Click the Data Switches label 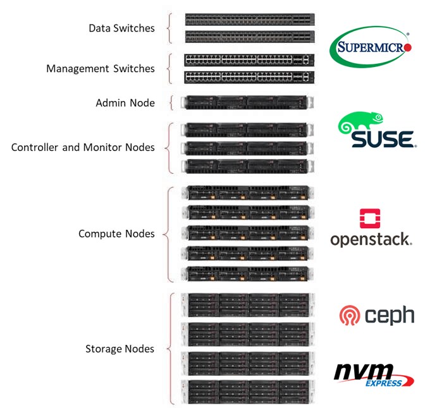click(121, 28)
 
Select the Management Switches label click(101, 68)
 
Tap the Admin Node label click(125, 102)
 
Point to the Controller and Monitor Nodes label click(83, 147)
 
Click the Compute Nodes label click(116, 234)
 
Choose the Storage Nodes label click(120, 349)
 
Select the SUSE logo click(378, 131)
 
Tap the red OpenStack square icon click(370, 218)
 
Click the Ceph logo click(376, 315)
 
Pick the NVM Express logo click(373, 374)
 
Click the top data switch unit click(249, 20)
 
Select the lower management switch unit click(249, 77)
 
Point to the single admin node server click(247, 102)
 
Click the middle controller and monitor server click(247, 148)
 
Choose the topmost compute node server click(247, 193)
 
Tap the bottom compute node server click(247, 273)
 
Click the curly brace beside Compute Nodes click(168, 234)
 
